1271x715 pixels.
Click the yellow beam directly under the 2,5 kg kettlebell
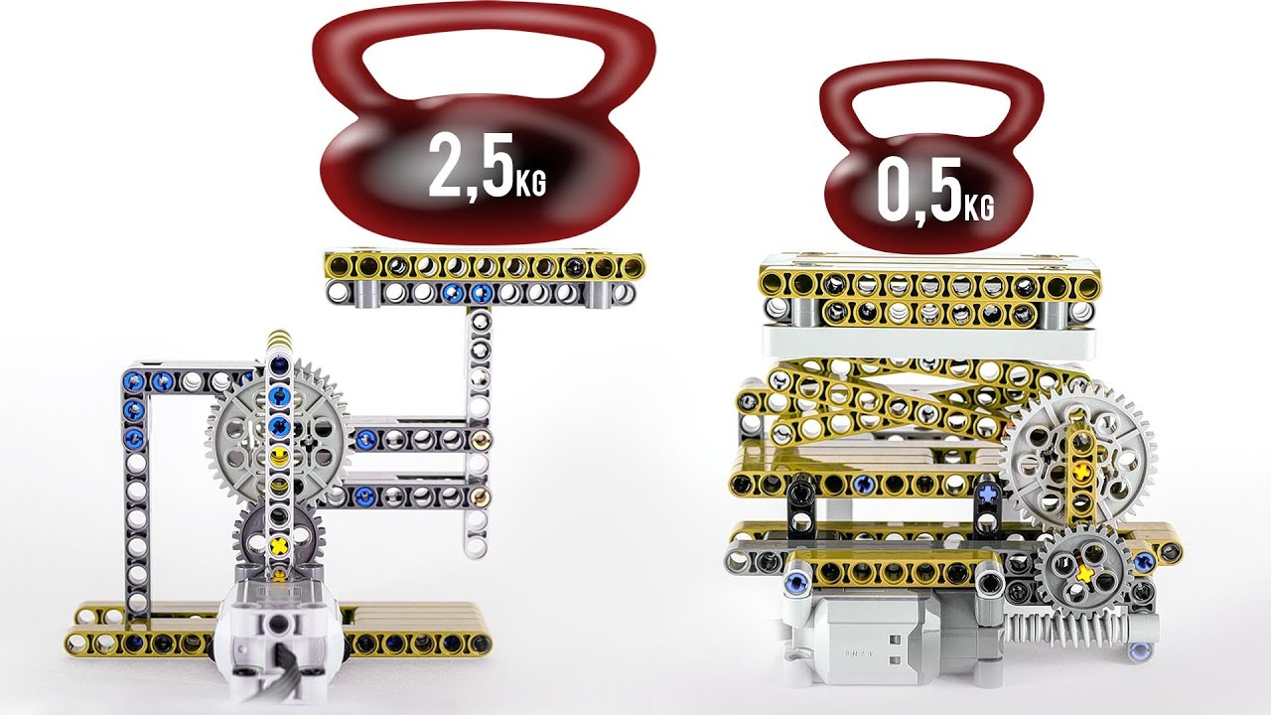pos(484,266)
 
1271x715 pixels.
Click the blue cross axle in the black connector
pos(989,492)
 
